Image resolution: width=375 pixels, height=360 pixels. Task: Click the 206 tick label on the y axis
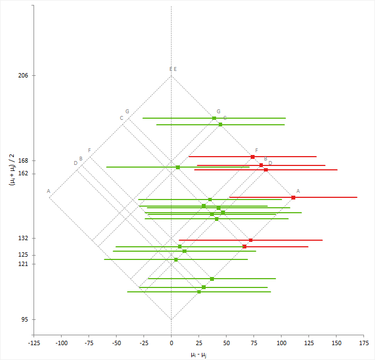coord(23,75)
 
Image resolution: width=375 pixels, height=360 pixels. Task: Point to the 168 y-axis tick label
coord(23,160)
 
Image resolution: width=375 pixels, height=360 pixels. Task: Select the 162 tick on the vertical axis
coord(23,174)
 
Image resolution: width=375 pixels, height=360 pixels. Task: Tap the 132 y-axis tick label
coord(23,239)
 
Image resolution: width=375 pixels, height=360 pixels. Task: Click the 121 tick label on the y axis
coord(23,264)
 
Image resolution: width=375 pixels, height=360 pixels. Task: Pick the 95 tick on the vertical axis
coord(25,320)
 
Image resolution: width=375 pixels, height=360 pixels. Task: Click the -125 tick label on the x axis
coord(34,344)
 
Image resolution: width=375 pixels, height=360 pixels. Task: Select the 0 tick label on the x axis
coord(171,344)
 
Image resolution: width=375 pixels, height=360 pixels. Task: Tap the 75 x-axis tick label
coord(253,344)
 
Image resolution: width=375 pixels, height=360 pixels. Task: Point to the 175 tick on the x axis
coord(363,344)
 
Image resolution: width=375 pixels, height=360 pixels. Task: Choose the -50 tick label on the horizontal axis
coord(116,344)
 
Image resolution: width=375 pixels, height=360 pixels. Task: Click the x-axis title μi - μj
coord(198,355)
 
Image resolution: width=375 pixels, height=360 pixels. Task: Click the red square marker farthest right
coord(293,197)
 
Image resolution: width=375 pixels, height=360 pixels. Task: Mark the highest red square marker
coord(253,157)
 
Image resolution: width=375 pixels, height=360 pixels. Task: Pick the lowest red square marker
coord(245,247)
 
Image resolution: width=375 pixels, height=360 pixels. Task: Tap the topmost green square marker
coord(214,118)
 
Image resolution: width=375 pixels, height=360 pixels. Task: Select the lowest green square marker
coord(199,292)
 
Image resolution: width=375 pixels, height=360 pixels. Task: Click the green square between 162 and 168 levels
coord(178,167)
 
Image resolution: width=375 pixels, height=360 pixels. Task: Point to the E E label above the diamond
coord(173,69)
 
